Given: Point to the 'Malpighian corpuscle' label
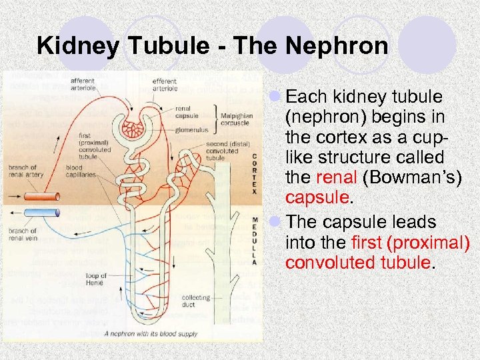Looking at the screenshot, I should [x=238, y=119].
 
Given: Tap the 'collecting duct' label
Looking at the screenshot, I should [x=195, y=300].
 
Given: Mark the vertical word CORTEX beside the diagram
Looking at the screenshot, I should [x=253, y=174].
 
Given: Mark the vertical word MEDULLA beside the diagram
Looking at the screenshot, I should [x=254, y=240].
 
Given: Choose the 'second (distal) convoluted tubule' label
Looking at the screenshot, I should [x=222, y=151].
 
